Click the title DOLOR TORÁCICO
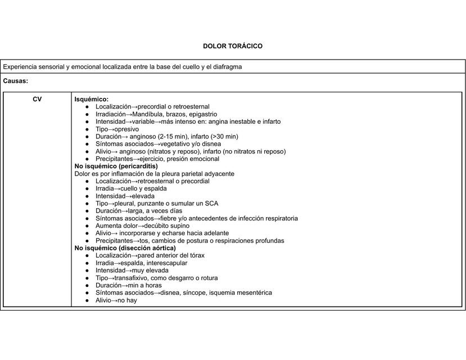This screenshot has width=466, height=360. pyautogui.click(x=233, y=46)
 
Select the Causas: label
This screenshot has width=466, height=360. pyautogui.click(x=16, y=81)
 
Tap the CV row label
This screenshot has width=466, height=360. pyautogui.click(x=37, y=99)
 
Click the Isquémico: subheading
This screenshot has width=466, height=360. pyautogui.click(x=92, y=99)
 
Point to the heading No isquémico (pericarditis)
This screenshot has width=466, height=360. pyautogui.click(x=116, y=166)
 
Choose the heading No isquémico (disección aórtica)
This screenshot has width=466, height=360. pyautogui.click(x=125, y=247)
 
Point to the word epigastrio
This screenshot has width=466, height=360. pyautogui.click(x=202, y=114)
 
